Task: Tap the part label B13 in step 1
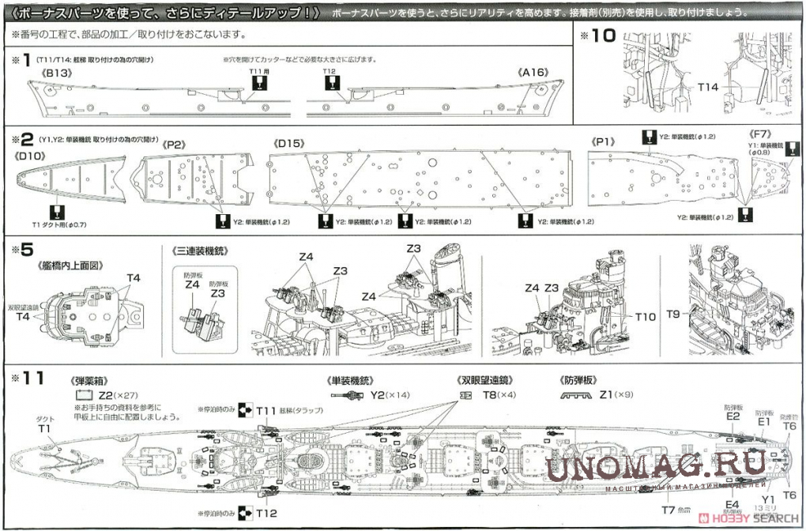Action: tap(56, 73)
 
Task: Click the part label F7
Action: tap(760, 134)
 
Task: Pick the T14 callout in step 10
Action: tap(708, 87)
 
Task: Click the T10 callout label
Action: tap(646, 316)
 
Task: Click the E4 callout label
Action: tap(732, 504)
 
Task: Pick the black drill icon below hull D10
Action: tap(55, 212)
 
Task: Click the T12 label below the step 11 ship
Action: tap(267, 513)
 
